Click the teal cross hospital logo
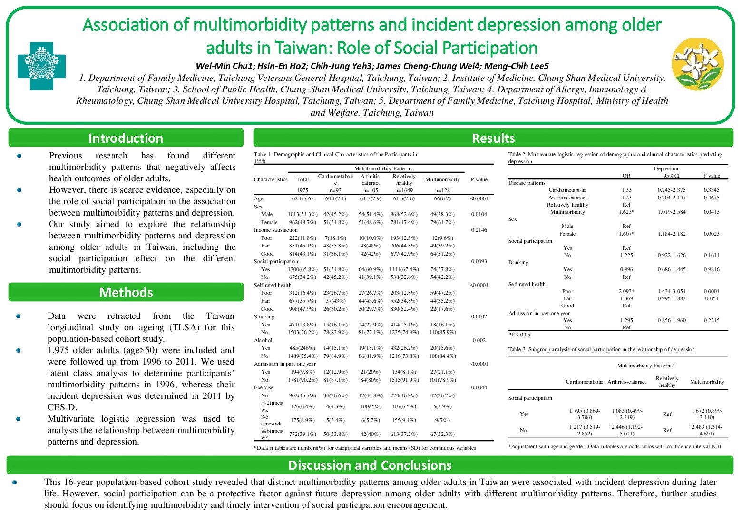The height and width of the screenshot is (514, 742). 41,66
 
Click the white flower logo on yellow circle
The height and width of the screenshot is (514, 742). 698,64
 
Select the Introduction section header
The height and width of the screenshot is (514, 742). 126,138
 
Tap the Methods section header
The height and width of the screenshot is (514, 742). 126,292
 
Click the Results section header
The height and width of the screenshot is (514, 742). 493,138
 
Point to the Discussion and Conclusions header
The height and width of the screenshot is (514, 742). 370,465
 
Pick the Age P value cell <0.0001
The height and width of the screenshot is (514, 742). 478,198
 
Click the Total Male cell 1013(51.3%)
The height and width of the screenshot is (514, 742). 303,214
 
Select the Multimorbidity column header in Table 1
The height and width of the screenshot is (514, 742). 442,179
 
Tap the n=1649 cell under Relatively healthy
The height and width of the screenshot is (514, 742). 404,190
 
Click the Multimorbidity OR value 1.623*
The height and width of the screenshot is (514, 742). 626,212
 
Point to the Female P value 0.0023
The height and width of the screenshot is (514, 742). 711,234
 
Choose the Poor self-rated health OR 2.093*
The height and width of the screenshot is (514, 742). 626,291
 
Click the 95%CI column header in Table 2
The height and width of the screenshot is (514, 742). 666,176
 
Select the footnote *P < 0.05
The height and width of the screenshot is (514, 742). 519,335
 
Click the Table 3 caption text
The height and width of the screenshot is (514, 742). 601,349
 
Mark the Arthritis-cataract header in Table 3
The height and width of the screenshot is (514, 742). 626,382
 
